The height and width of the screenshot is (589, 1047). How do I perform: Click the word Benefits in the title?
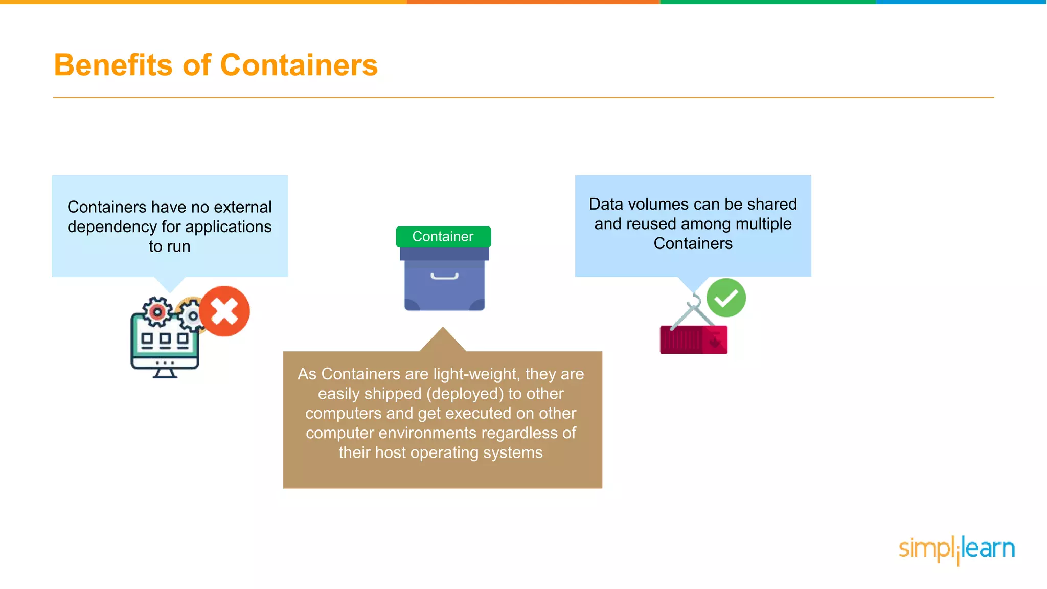pos(113,65)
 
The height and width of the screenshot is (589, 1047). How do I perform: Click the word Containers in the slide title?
pos(299,65)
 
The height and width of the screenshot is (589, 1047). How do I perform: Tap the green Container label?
pos(443,237)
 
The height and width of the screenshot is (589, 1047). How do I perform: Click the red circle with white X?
pos(224,311)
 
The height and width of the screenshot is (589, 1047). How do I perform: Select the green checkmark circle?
pos(726,298)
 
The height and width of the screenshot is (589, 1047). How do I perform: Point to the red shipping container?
pos(693,339)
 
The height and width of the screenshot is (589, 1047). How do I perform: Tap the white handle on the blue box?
pos(444,277)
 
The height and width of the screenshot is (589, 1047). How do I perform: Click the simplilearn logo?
pos(957,549)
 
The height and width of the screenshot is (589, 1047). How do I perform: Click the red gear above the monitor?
pos(157,311)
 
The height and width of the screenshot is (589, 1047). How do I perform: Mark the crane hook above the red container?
pos(694,301)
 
